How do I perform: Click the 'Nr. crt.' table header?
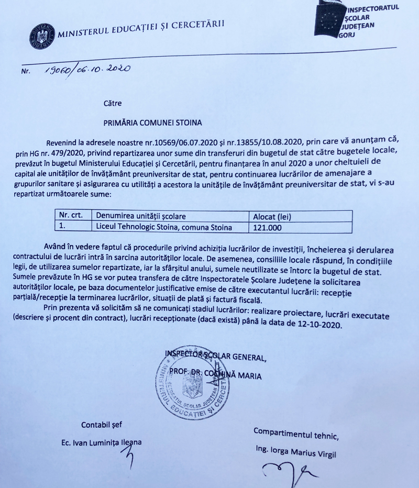pos(70,216)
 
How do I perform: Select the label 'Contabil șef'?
pos(102,424)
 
